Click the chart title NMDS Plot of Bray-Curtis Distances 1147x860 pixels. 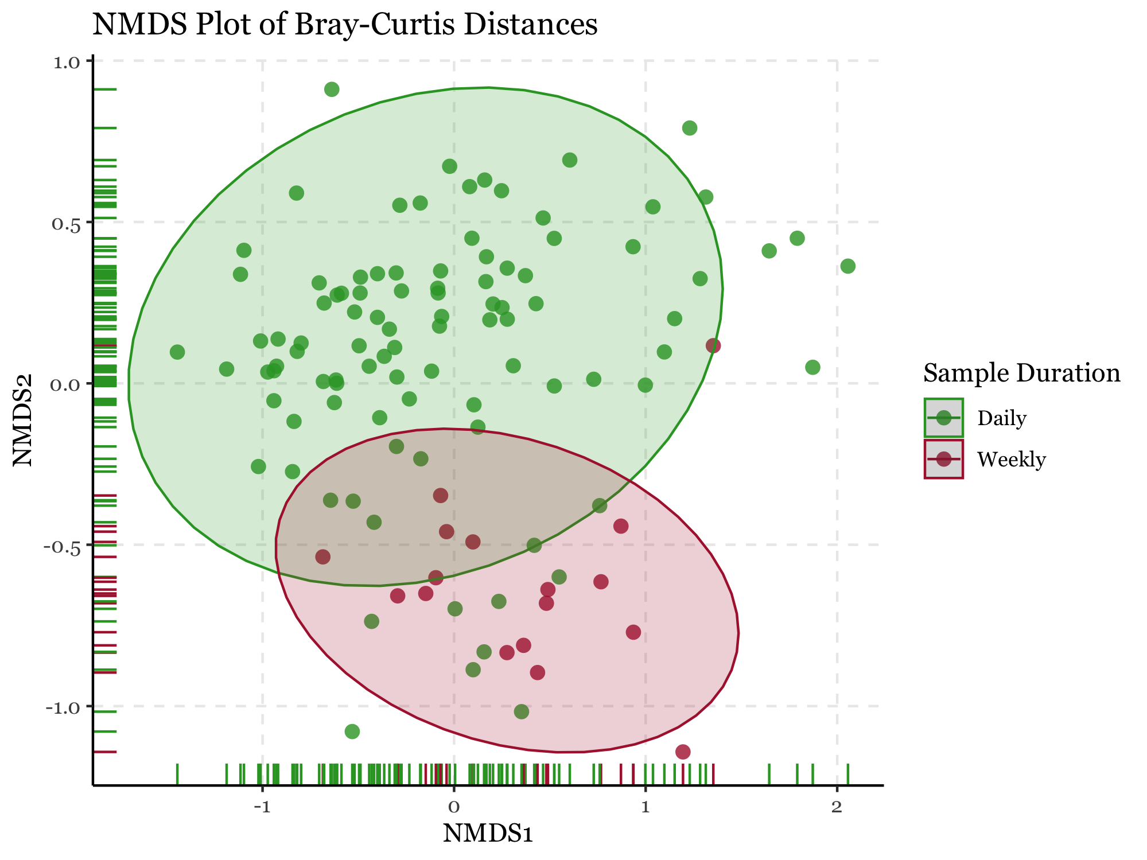pos(345,25)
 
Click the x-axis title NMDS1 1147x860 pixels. pos(488,834)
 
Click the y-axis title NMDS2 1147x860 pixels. pos(24,420)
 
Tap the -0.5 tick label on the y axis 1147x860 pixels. pos(65,546)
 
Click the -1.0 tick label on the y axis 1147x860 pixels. pos(65,707)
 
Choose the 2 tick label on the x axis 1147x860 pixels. pos(837,807)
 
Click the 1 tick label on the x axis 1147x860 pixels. pos(646,807)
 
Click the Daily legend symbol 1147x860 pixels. pos(943,418)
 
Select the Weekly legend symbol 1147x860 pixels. pos(943,459)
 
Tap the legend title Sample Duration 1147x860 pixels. pos(1021,373)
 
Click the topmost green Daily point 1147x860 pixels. pos(332,89)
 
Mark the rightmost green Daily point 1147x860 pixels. pos(847,266)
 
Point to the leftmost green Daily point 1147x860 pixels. pos(177,352)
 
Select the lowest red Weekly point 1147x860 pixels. pos(683,752)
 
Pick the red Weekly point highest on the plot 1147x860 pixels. pos(713,345)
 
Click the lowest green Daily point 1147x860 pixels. pos(352,731)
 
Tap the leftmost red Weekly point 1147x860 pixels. pos(323,557)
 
